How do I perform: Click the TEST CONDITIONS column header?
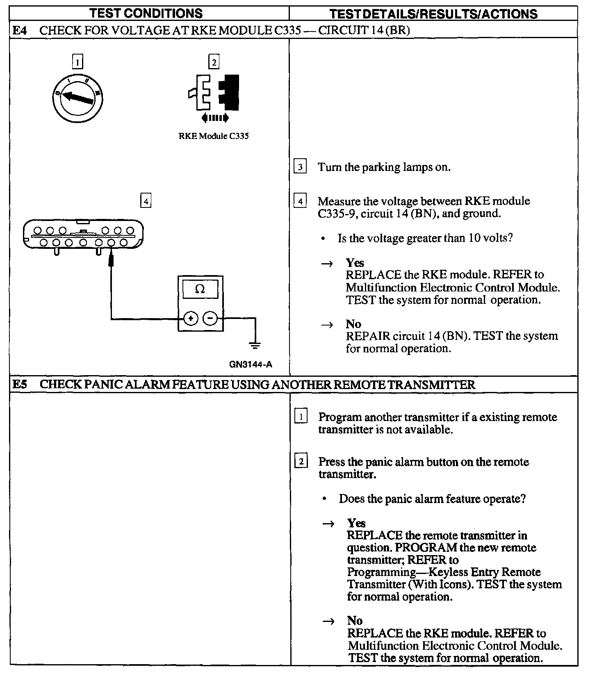(x=146, y=13)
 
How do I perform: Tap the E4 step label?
(x=19, y=30)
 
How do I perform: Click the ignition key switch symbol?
(x=77, y=97)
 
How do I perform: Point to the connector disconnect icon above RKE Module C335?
(x=214, y=96)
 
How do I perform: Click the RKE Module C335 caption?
(x=214, y=136)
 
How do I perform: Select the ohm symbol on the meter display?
(x=200, y=289)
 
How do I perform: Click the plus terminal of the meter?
(x=191, y=318)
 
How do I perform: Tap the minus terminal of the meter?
(x=210, y=318)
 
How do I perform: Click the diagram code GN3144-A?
(x=251, y=364)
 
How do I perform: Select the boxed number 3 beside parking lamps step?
(x=300, y=167)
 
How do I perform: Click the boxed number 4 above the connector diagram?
(x=146, y=201)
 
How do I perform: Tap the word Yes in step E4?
(x=355, y=263)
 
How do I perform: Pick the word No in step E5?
(x=355, y=621)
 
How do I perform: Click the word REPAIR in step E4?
(x=368, y=336)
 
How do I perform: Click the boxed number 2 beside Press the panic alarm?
(x=301, y=462)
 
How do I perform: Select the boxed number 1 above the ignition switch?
(x=77, y=62)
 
